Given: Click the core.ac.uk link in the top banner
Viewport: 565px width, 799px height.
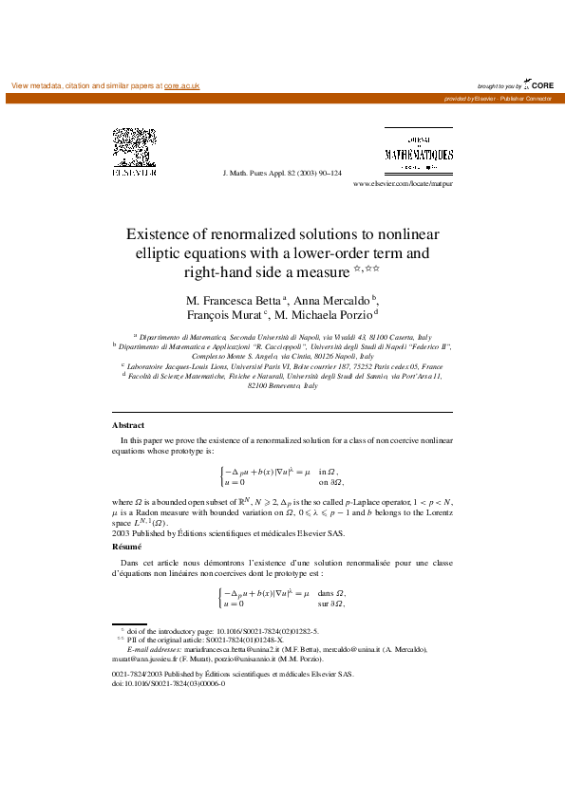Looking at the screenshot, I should (x=181, y=85).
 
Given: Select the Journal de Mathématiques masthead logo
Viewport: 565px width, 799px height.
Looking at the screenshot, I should (x=419, y=152).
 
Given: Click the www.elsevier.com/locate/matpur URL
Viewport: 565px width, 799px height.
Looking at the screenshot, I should (x=403, y=183).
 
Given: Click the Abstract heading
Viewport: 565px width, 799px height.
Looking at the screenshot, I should (x=128, y=425).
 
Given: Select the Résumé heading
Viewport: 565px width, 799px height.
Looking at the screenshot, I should (x=126, y=548).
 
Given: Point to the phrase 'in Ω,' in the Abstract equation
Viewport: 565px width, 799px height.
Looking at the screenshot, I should (x=329, y=471).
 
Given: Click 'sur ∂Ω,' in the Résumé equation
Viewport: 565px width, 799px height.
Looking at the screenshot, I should (x=330, y=604).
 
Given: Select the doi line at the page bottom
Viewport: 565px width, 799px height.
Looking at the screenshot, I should (x=168, y=682).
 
